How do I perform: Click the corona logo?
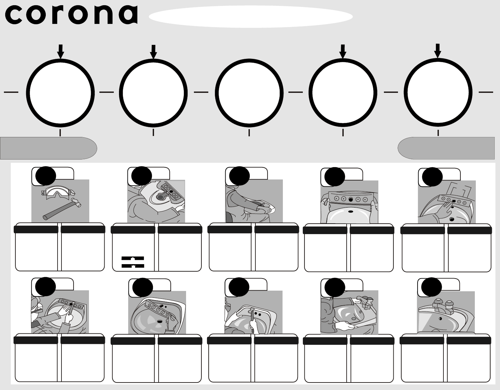(x=71, y=15)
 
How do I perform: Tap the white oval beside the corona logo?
(x=250, y=16)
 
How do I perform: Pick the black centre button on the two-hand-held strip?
(x=351, y=199)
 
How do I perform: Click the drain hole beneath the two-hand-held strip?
(x=351, y=211)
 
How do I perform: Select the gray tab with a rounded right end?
(x=48, y=148)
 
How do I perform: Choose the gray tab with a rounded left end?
(x=446, y=148)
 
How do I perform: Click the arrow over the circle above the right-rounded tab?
(x=60, y=51)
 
